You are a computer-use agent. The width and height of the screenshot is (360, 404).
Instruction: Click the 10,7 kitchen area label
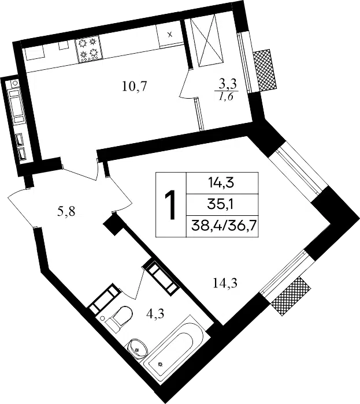(135, 87)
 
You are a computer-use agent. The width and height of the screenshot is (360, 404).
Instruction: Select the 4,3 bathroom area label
(155, 313)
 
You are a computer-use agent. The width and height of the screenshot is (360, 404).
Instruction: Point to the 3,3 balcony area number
(228, 84)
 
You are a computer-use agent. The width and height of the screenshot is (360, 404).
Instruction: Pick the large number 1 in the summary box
(170, 205)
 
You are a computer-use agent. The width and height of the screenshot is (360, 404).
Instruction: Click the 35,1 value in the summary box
(222, 204)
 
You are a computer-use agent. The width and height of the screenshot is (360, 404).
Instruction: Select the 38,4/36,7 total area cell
(222, 226)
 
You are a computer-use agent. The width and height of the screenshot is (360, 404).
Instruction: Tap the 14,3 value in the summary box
(222, 183)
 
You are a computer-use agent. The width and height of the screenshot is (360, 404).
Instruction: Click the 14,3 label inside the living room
(225, 283)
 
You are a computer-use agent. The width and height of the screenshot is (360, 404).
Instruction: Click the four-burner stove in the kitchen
(89, 50)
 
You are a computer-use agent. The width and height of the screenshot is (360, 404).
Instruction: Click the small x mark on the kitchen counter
(170, 35)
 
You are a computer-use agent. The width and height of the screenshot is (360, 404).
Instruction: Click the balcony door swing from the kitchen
(188, 85)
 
